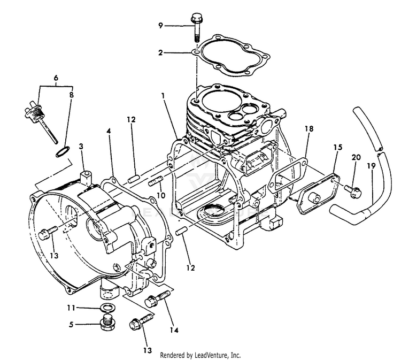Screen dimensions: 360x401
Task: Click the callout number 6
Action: pos(56,78)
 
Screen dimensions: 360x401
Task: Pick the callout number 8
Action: pos(72,95)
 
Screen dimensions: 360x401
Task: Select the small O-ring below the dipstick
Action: pos(61,152)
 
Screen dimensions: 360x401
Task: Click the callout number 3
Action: pos(81,146)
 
